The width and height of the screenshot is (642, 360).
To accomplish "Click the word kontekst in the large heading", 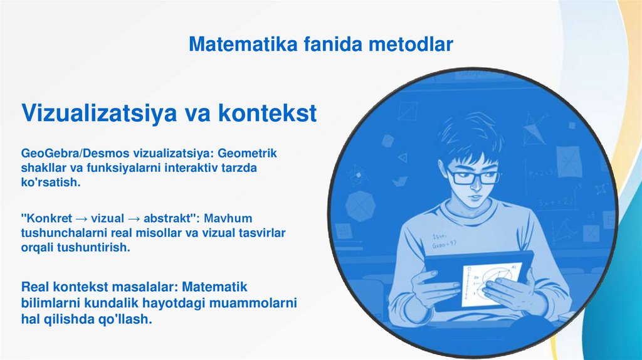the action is click(x=267, y=112).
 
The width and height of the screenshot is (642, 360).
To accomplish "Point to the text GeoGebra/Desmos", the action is click(x=75, y=153).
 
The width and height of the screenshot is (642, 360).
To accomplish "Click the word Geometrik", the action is click(x=247, y=153).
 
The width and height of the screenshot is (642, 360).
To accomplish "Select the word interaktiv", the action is click(x=191, y=167).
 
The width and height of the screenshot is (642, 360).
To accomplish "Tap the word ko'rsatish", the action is click(x=51, y=183).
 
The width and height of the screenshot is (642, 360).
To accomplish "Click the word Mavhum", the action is click(x=228, y=218).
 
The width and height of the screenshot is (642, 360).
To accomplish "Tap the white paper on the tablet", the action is click(x=491, y=284).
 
